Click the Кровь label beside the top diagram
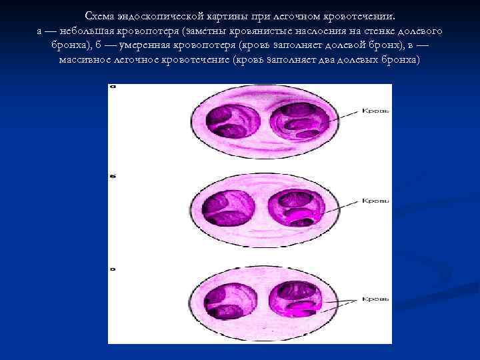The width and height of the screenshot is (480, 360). [x=375, y=110]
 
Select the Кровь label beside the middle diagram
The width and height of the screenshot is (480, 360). [x=375, y=200]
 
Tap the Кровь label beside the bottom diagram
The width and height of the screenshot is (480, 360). [x=375, y=299]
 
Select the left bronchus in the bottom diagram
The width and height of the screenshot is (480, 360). [x=228, y=297]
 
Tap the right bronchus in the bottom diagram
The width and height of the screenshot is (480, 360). [x=297, y=297]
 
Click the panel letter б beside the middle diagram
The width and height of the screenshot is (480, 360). [x=113, y=176]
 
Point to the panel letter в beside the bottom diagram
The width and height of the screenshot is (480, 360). [x=113, y=269]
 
